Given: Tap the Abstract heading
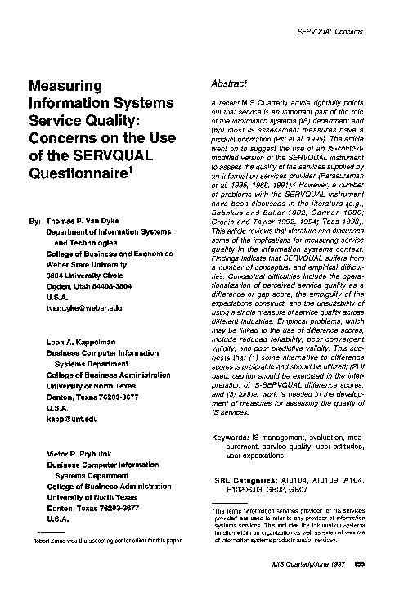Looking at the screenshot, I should [x=229, y=84].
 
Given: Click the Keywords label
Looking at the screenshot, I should [x=231, y=438].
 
